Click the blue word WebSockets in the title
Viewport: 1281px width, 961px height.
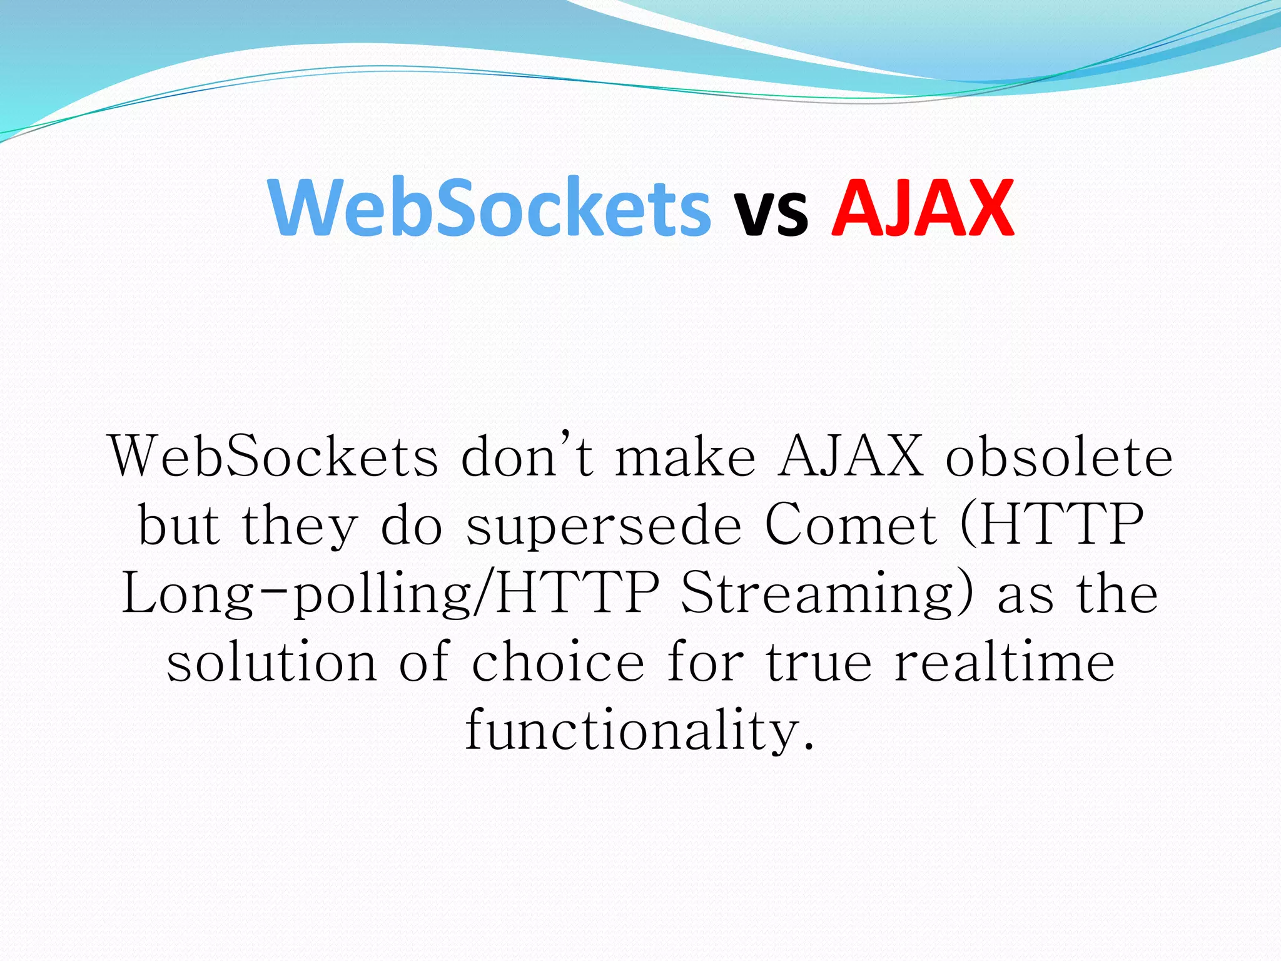click(490, 208)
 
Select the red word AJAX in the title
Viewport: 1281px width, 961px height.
click(922, 208)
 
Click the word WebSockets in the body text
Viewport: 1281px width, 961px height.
click(274, 457)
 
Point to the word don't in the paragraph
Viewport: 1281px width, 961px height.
click(527, 455)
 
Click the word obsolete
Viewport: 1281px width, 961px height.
click(1059, 457)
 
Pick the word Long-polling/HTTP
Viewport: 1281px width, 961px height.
click(390, 593)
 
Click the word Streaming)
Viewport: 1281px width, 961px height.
click(827, 593)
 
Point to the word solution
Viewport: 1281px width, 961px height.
click(272, 662)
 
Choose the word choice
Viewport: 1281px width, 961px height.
click(558, 662)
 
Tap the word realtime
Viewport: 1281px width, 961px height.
click(1005, 662)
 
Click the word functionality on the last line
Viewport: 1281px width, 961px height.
click(639, 731)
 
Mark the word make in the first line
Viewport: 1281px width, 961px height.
click(686, 457)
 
